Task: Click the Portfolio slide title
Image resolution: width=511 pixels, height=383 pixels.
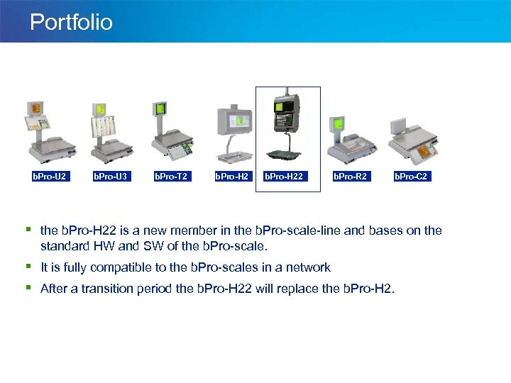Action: point(71,22)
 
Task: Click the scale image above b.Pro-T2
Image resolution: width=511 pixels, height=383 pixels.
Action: point(171,131)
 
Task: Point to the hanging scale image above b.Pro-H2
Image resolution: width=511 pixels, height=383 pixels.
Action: point(233,131)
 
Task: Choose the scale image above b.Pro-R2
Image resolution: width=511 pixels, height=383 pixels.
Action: point(351,135)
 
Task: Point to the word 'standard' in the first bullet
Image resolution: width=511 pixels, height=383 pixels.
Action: point(64,245)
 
